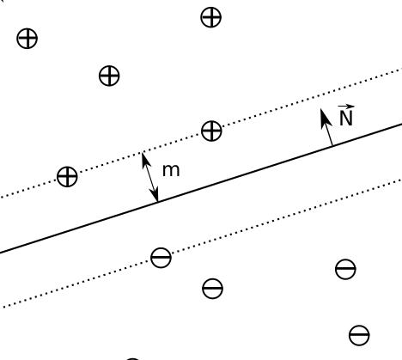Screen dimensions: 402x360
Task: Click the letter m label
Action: coord(171,171)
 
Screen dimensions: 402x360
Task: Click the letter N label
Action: coord(346,119)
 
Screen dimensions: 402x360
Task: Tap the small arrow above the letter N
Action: coord(346,107)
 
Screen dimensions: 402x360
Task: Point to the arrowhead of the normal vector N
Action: coord(325,118)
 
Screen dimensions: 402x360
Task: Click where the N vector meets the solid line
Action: coord(332,145)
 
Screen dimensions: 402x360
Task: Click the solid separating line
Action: coord(201,188)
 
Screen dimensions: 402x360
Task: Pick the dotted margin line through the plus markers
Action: coord(201,133)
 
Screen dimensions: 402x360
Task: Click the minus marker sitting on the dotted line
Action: coord(161,258)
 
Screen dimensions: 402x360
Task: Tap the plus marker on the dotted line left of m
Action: coord(67,176)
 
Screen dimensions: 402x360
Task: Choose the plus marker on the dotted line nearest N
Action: coord(211,131)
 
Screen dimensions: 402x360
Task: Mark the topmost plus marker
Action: coord(211,17)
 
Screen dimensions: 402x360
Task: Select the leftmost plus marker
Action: coord(27,39)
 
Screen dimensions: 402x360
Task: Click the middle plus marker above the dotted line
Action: coord(109,76)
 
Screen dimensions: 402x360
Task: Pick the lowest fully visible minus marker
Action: coord(359,335)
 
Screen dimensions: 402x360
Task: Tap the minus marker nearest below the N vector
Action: coord(345,269)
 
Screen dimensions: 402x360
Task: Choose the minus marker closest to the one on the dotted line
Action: coord(212,289)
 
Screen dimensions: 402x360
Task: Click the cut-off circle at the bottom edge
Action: coord(132,358)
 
